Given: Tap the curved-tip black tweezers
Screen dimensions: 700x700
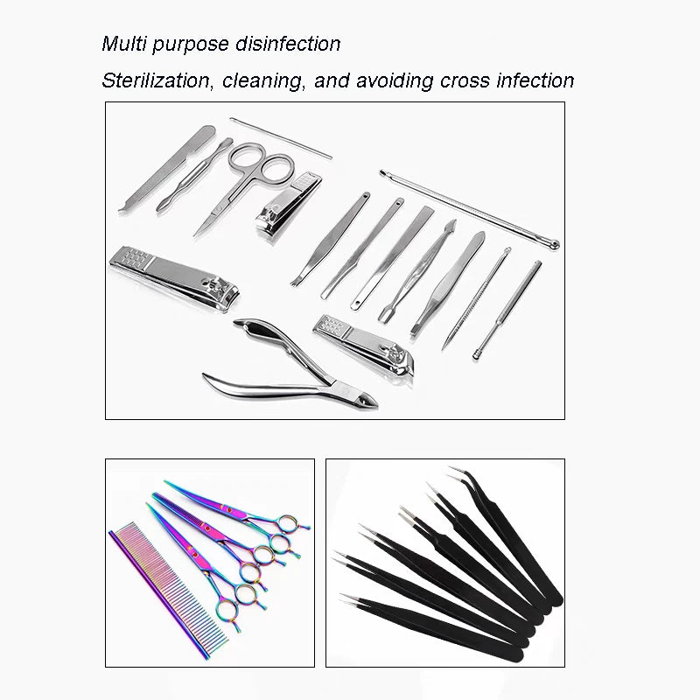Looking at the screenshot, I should pos(490,534).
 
